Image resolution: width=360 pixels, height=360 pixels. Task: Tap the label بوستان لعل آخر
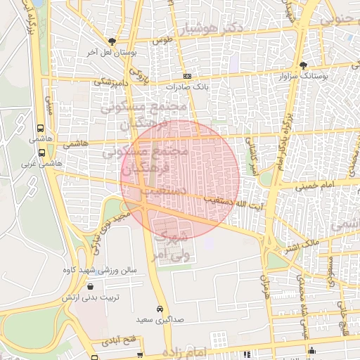[112, 52]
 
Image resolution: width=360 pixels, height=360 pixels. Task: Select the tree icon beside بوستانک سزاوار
[303, 64]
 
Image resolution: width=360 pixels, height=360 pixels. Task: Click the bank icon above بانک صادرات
[186, 76]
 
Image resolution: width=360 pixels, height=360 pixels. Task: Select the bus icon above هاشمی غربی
[41, 152]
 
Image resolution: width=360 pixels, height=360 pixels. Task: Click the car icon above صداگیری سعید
[160, 309]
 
